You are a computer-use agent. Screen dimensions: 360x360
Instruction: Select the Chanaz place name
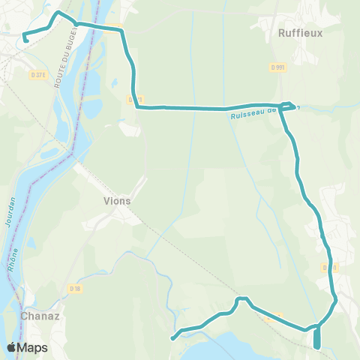(35, 315)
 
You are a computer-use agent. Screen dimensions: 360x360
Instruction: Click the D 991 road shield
(277, 67)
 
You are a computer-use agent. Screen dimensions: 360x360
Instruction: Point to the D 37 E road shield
(38, 74)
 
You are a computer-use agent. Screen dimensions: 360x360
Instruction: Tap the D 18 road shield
(74, 288)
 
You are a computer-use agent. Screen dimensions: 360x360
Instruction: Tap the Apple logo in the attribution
(13, 347)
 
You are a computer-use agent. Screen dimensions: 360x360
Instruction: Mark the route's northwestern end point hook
(25, 39)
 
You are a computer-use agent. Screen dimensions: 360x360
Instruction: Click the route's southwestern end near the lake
(174, 337)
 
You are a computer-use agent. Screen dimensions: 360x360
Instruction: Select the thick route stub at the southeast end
(316, 339)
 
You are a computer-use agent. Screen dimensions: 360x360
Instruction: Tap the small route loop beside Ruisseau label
(287, 106)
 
